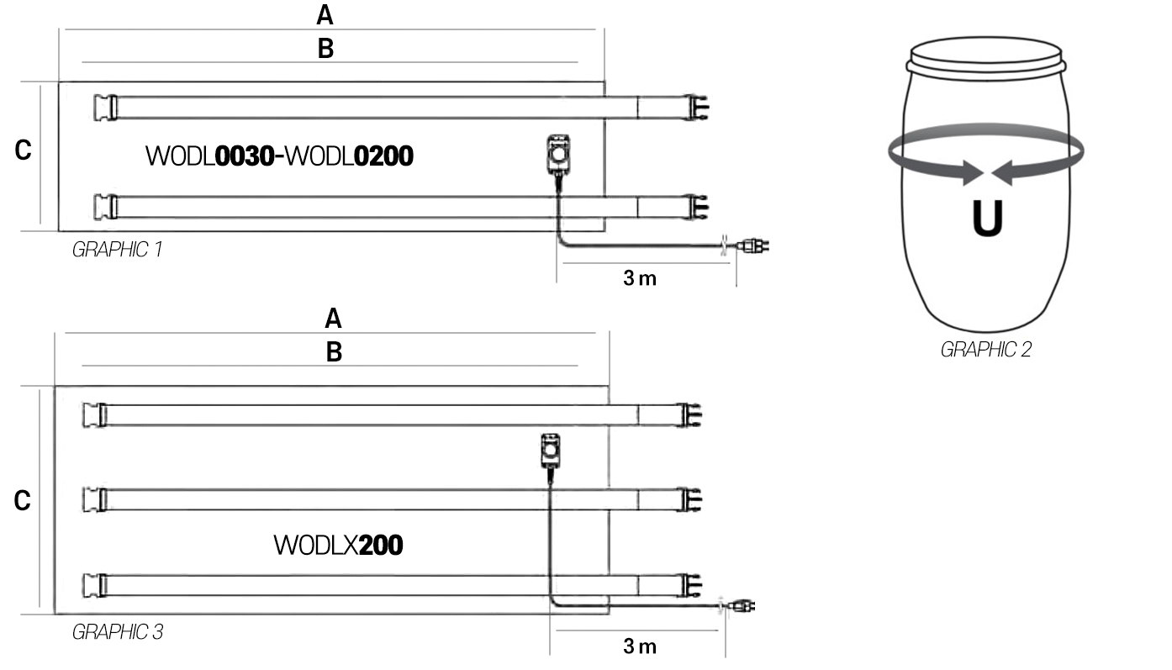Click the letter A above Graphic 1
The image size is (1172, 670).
[x=325, y=15]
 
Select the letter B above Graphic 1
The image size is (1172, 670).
[x=325, y=49]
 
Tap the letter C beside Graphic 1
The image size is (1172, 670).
[x=23, y=150]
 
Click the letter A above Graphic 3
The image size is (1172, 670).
[x=333, y=319]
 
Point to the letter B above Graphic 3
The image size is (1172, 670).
[x=334, y=352]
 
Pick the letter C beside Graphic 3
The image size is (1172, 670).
[x=22, y=500]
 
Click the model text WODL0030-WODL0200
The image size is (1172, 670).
[x=279, y=156]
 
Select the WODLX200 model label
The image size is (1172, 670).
[x=338, y=545]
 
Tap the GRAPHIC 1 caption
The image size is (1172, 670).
[x=117, y=250]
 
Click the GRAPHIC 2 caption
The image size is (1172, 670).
[x=985, y=350]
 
